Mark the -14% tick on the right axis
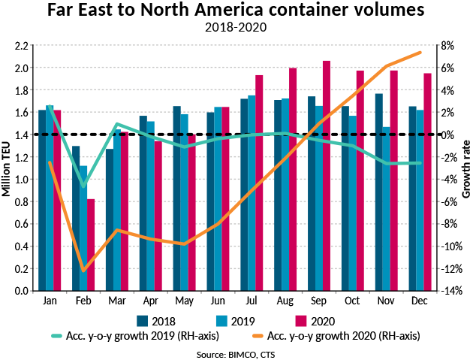pyautogui.click(x=448, y=291)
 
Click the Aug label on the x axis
pyautogui.click(x=285, y=301)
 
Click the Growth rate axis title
pyautogui.click(x=466, y=168)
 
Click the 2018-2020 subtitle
pyautogui.click(x=237, y=28)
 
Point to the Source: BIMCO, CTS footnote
pyautogui.click(x=236, y=352)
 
